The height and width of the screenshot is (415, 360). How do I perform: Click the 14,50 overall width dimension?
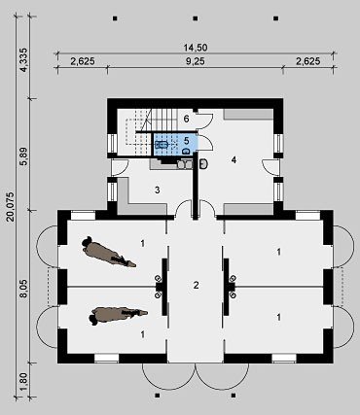[196, 48]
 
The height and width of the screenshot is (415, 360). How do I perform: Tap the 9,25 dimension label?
[196, 61]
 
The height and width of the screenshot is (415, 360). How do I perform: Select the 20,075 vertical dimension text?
[11, 207]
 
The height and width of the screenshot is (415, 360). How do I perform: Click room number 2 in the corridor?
[196, 286]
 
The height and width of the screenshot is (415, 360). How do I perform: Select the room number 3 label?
[158, 190]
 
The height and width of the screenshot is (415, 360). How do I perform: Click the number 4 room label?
[234, 159]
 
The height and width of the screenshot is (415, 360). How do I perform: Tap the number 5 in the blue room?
[187, 141]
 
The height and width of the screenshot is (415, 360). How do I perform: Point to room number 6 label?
[186, 119]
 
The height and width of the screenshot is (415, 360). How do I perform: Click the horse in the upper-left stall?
[109, 252]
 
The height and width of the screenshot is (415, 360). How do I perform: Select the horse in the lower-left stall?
[118, 316]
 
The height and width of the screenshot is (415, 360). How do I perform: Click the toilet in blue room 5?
[186, 151]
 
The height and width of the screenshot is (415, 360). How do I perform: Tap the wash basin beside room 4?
[204, 164]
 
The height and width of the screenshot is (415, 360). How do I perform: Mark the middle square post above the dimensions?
[196, 18]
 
